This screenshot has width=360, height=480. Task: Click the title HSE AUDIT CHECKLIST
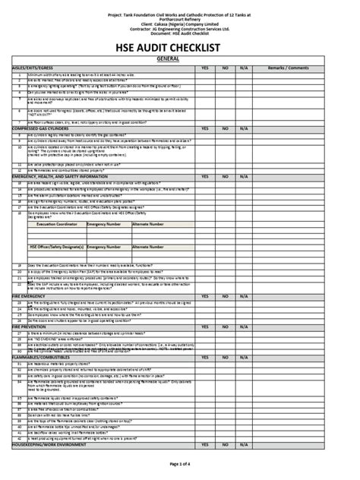click(x=179, y=49)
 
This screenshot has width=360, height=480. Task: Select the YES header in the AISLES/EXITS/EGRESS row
click(x=204, y=68)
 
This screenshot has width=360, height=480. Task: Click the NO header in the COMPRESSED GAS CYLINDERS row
click(x=225, y=129)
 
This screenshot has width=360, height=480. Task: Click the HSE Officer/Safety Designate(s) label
click(x=56, y=247)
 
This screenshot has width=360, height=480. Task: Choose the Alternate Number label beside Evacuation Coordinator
click(x=147, y=225)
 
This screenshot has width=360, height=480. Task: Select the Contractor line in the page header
click(x=179, y=29)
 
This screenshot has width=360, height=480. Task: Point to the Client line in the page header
click(x=179, y=24)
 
